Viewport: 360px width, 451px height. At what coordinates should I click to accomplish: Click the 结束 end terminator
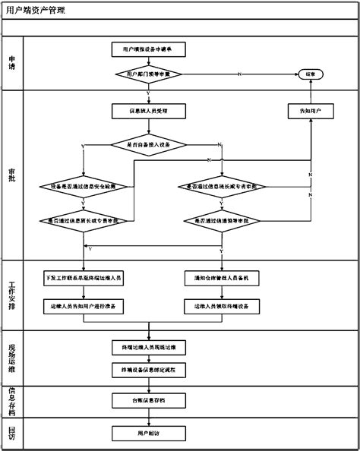(311, 74)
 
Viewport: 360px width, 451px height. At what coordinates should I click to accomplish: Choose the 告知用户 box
(311, 111)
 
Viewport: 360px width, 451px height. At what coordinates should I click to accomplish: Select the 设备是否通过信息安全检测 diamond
(82, 186)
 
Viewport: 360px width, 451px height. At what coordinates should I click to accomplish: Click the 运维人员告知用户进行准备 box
(84, 305)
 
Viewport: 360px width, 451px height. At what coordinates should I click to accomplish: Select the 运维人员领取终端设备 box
(222, 305)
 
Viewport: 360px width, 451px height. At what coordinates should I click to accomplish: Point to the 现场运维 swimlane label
(11, 357)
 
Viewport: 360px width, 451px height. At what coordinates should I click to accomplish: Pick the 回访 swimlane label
(11, 432)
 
